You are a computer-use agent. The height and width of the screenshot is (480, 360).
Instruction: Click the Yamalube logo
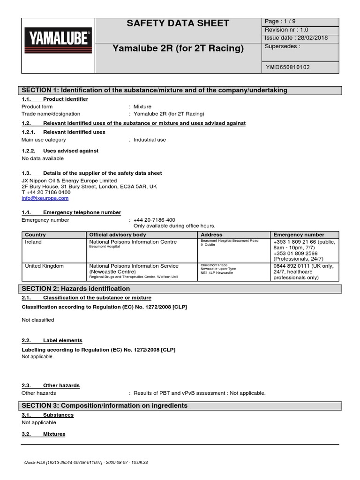click(58, 38)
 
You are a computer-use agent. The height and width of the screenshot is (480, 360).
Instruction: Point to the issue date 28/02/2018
click(296, 38)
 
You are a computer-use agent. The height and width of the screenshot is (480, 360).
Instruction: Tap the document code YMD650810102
click(287, 67)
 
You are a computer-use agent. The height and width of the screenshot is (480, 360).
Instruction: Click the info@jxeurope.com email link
click(45, 198)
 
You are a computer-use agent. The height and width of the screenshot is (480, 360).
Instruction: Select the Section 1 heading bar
click(180, 90)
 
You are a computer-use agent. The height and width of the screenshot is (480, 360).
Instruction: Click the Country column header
click(35, 234)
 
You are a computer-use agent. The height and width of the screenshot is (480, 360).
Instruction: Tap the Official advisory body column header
click(118, 234)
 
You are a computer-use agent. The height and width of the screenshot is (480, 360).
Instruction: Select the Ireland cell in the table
click(33, 242)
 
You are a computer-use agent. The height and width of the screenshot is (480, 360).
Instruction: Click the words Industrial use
click(150, 140)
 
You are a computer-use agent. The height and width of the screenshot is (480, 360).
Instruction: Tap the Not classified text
click(38, 320)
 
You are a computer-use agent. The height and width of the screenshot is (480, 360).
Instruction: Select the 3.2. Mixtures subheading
click(44, 434)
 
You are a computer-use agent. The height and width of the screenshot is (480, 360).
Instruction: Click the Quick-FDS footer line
click(86, 462)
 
